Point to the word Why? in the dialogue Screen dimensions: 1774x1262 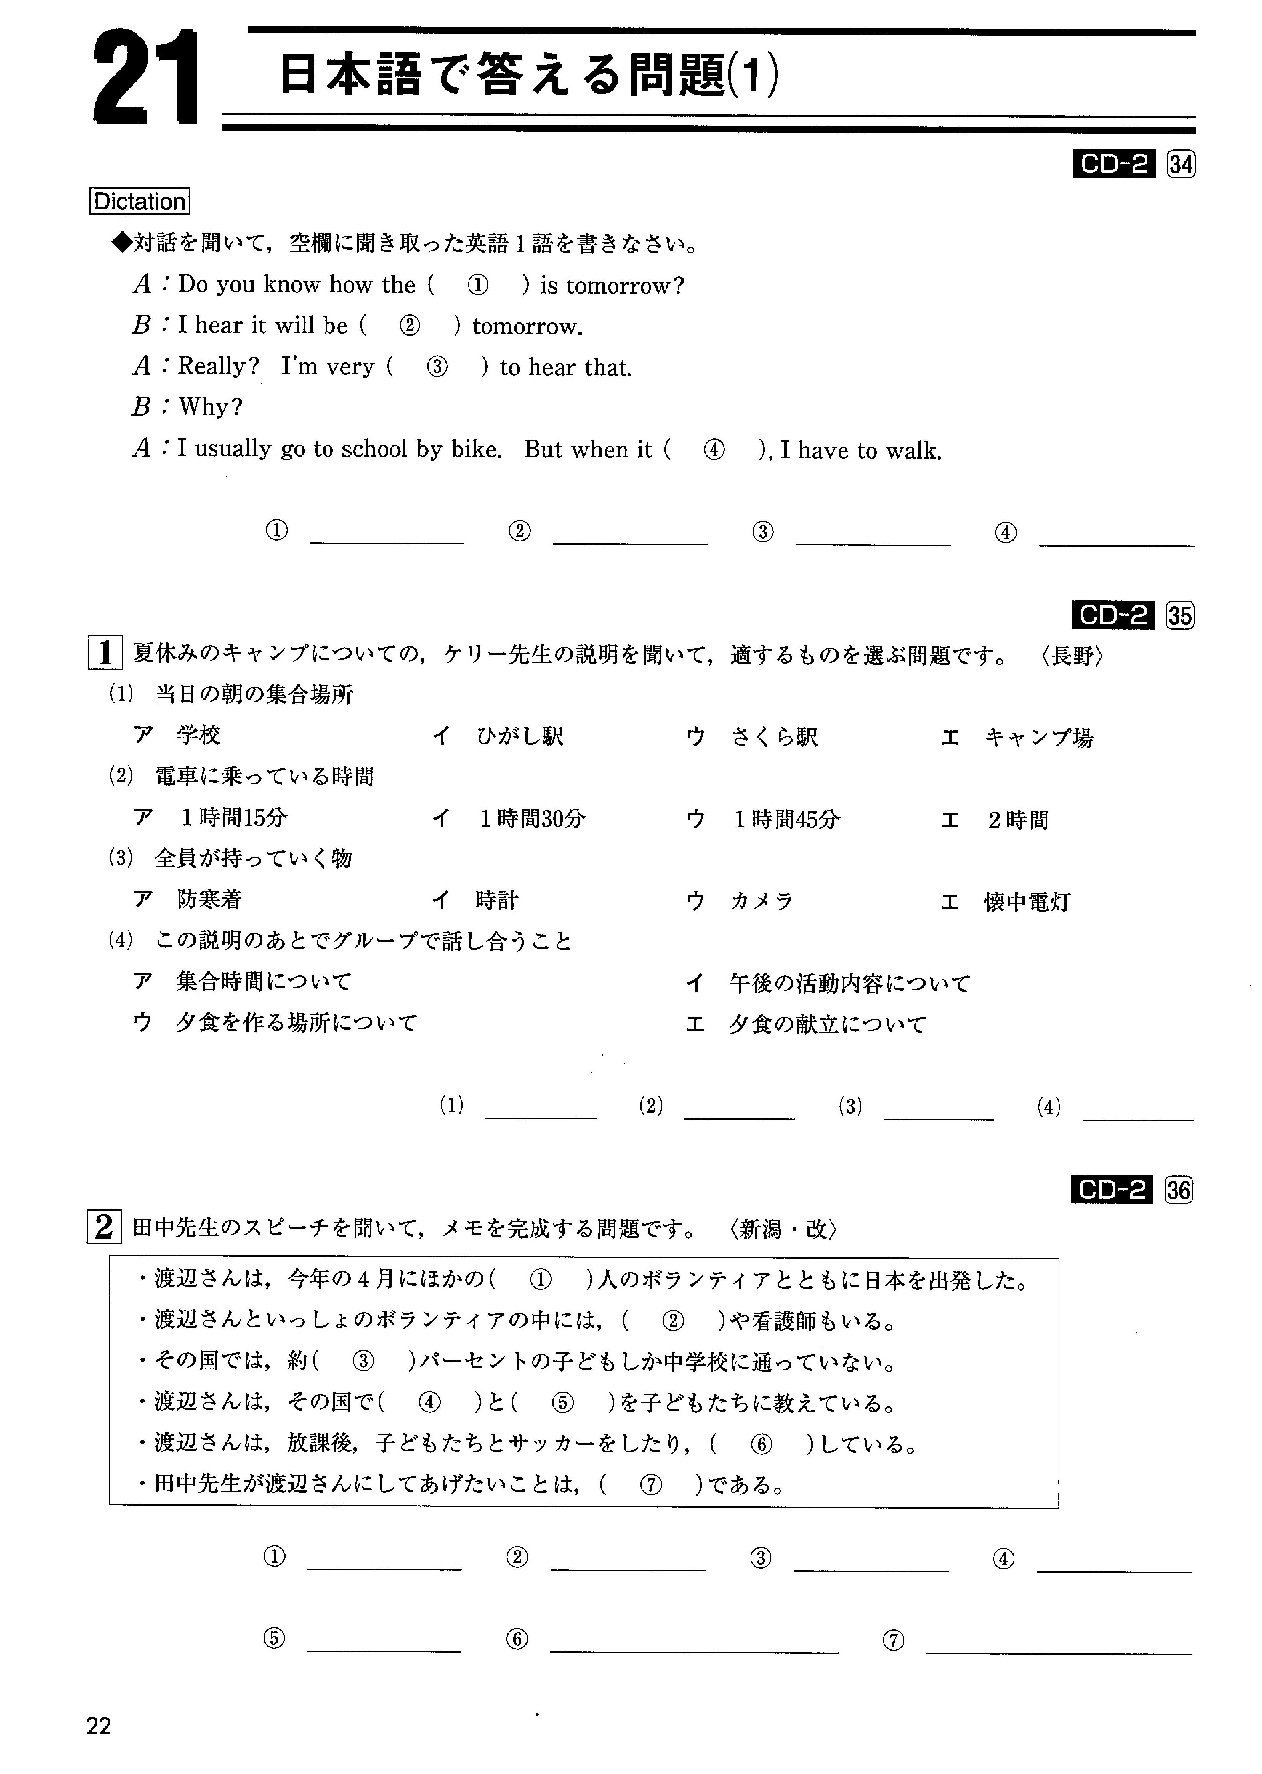(211, 407)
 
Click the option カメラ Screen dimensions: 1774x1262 (761, 901)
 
